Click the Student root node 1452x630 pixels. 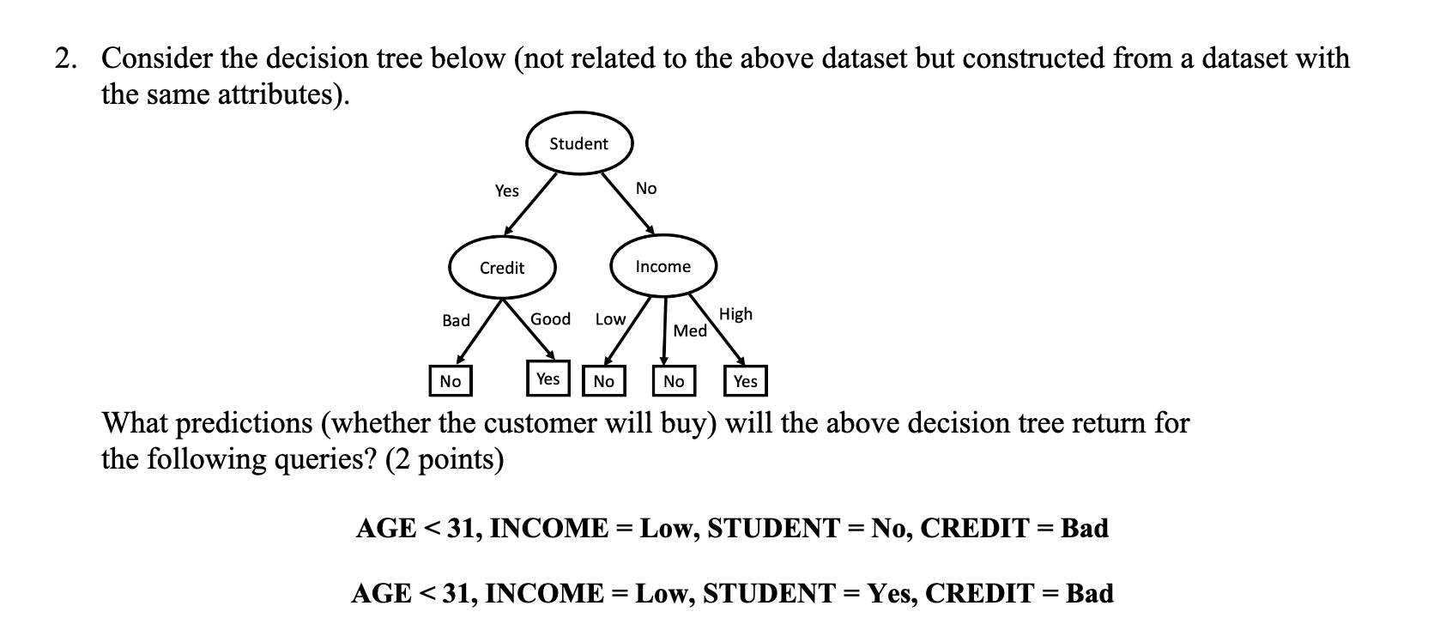coord(578,143)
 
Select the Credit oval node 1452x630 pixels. coord(502,268)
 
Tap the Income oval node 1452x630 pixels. coord(662,267)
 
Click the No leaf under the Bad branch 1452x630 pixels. coord(451,381)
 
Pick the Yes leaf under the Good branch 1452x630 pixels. coord(548,379)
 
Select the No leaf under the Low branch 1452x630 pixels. coord(604,381)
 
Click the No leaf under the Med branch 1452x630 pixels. coord(674,381)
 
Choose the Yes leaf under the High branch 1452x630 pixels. coord(746,381)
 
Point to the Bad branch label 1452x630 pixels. coord(456,320)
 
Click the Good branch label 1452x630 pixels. coord(550,319)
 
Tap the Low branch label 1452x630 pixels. coord(610,319)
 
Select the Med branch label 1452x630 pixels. coord(690,330)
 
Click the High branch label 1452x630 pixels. coord(735,314)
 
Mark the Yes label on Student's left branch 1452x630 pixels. coord(506,191)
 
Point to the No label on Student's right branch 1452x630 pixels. coord(646,188)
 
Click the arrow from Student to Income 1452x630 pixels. coord(627,203)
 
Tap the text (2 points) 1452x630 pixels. coord(445,459)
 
